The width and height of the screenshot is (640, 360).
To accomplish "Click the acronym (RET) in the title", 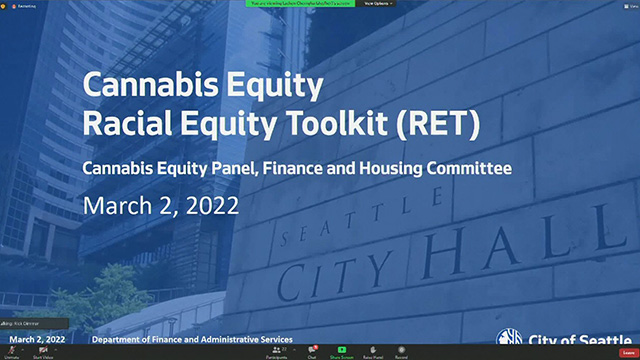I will click(x=431, y=125).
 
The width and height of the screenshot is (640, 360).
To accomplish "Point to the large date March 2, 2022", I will click(x=161, y=205).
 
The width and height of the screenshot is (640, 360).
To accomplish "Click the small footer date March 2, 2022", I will click(x=37, y=340).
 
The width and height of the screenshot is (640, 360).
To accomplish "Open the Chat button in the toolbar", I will click(x=312, y=352).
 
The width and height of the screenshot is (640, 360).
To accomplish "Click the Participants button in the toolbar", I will click(x=277, y=352).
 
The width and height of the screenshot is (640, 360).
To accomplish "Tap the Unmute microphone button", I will click(x=12, y=352).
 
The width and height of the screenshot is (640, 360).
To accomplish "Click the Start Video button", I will click(x=43, y=352).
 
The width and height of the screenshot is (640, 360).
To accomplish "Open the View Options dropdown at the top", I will click(x=379, y=4).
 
